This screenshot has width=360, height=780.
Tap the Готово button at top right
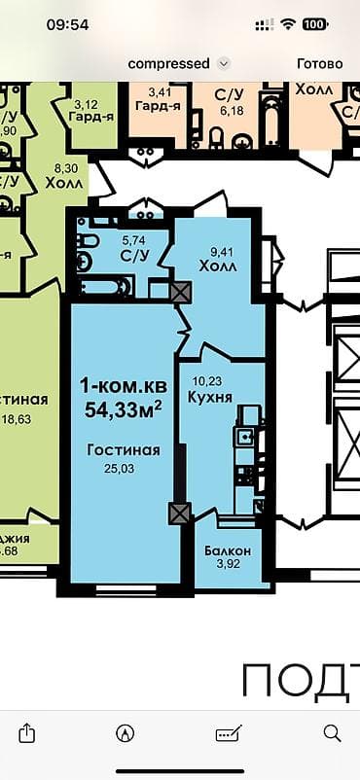pyautogui.click(x=319, y=63)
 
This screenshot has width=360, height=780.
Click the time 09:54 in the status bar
pyautogui.click(x=67, y=24)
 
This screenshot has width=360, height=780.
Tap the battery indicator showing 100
pyautogui.click(x=314, y=24)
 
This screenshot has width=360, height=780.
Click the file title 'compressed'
pyautogui.click(x=168, y=63)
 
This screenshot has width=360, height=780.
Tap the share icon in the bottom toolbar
pyautogui.click(x=28, y=732)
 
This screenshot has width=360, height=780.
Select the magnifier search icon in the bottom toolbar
pyautogui.click(x=332, y=732)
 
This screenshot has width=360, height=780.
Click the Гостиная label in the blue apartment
pyautogui.click(x=123, y=451)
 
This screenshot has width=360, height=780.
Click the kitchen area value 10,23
pyautogui.click(x=207, y=382)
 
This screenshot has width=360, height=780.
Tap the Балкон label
pyautogui.click(x=229, y=551)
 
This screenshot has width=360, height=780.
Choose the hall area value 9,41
pyautogui.click(x=214, y=250)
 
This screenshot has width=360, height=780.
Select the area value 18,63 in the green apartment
pyautogui.click(x=42, y=418)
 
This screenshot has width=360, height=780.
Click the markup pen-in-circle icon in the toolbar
pyautogui.click(x=124, y=732)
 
